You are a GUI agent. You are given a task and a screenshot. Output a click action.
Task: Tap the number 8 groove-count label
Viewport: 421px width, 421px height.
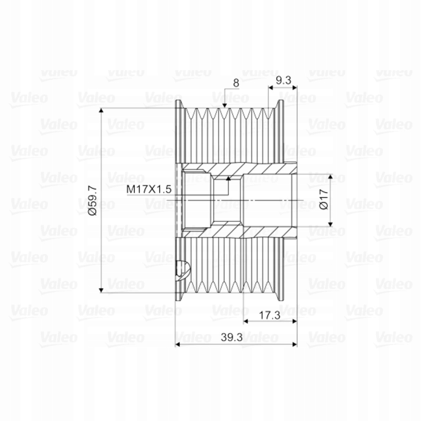236,83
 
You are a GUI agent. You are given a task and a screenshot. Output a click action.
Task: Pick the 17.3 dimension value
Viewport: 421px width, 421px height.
269,315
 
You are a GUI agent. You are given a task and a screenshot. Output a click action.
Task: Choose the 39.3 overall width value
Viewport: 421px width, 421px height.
232,338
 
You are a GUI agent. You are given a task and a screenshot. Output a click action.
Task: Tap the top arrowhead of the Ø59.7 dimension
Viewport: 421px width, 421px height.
101,110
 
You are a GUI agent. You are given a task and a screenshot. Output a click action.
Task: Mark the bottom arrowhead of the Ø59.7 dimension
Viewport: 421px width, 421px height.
101,290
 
